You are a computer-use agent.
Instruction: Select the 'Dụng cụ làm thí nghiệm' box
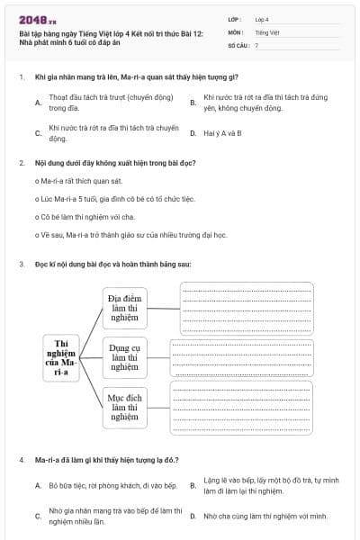click(x=125, y=356)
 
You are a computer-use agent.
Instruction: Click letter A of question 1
click(x=37, y=103)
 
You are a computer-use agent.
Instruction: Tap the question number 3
click(x=21, y=265)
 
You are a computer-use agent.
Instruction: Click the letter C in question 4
click(x=37, y=517)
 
